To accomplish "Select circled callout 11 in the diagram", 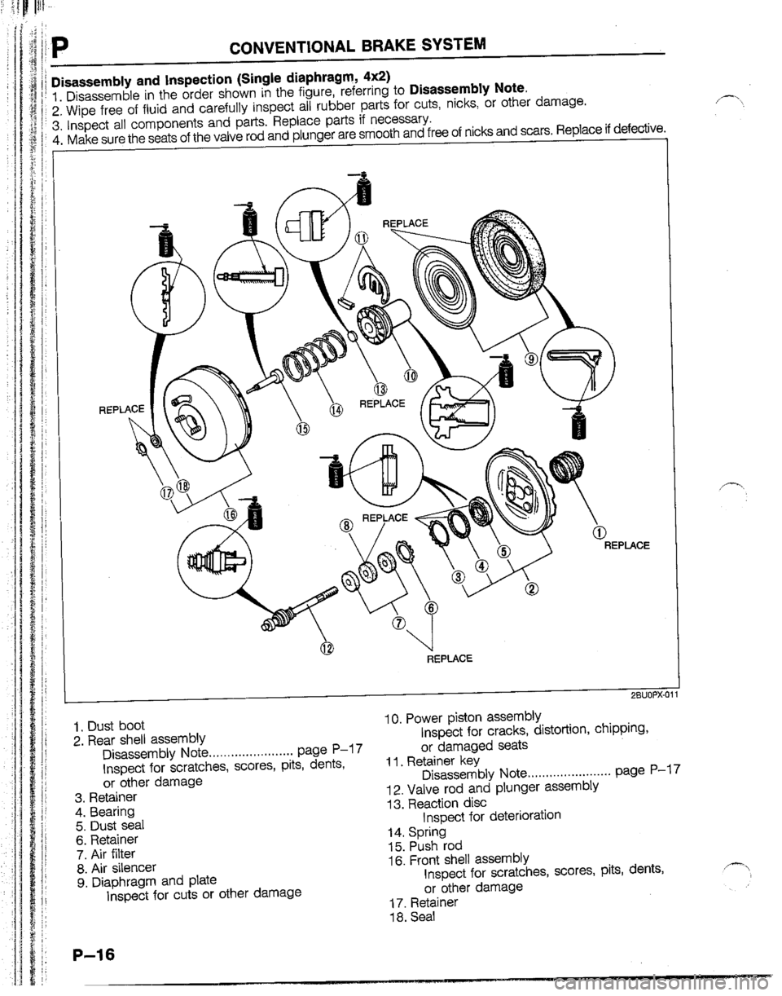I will click(x=361, y=237).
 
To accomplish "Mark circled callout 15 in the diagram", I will click(x=303, y=429).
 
